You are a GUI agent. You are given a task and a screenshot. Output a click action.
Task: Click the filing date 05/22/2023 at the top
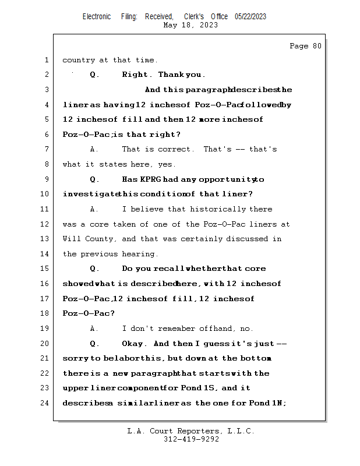(250, 16)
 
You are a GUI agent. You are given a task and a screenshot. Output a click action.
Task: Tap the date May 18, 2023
(190, 25)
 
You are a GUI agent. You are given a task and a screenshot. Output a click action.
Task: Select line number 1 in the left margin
(46, 60)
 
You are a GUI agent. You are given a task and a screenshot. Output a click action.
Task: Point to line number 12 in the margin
(45, 224)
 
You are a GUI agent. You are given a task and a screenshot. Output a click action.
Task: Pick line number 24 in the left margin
(45, 403)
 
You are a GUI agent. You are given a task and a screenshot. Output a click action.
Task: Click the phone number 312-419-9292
(191, 439)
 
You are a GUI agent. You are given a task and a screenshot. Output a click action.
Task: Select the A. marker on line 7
(94, 150)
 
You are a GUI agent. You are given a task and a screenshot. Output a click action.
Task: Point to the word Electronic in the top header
(97, 16)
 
